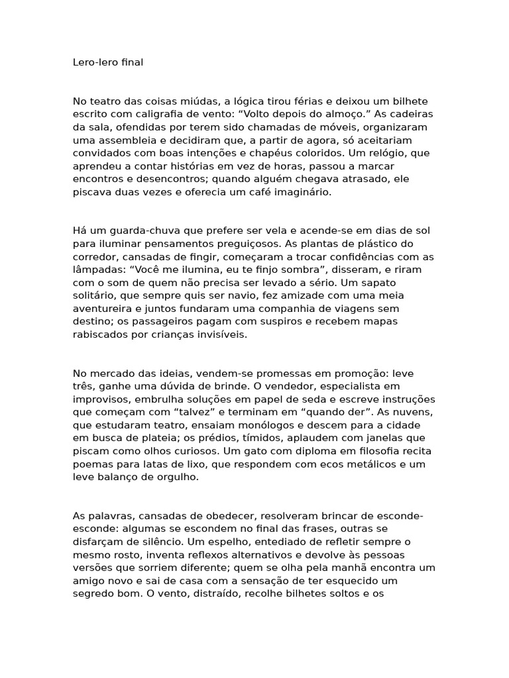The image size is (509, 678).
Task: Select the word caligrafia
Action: click(x=156, y=113)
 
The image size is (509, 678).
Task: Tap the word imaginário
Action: click(x=301, y=192)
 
